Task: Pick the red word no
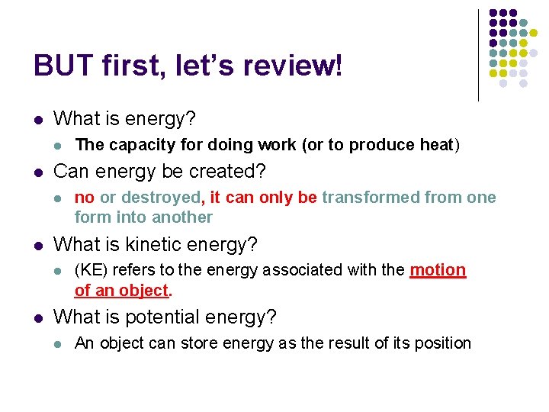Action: coord(85,198)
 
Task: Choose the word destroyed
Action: coord(161,198)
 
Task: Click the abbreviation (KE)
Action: coord(89,271)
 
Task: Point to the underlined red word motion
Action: coord(437,271)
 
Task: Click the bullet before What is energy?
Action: coord(38,120)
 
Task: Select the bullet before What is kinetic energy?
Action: coord(38,246)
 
